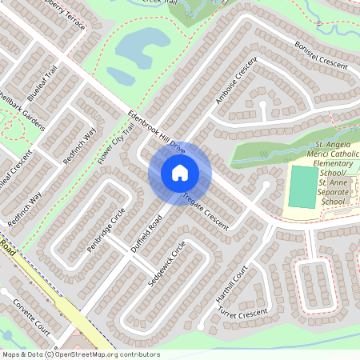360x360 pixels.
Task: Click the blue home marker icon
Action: [180, 172]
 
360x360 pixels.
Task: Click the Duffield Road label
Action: [147, 233]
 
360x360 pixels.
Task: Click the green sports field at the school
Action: [302, 186]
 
